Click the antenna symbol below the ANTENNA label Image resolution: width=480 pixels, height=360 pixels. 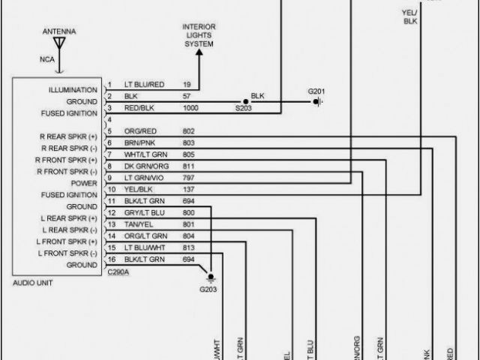[x=58, y=44]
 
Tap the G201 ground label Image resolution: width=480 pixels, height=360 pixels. [x=317, y=91]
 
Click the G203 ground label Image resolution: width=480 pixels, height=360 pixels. [x=208, y=289]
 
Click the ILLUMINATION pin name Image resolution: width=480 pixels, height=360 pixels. [x=73, y=90]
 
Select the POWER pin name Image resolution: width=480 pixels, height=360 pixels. [x=84, y=183]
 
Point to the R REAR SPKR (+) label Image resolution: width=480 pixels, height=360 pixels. [x=67, y=136]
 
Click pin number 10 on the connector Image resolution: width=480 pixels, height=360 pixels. [x=111, y=190]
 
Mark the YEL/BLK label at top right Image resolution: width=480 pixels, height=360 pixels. [x=409, y=16]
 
